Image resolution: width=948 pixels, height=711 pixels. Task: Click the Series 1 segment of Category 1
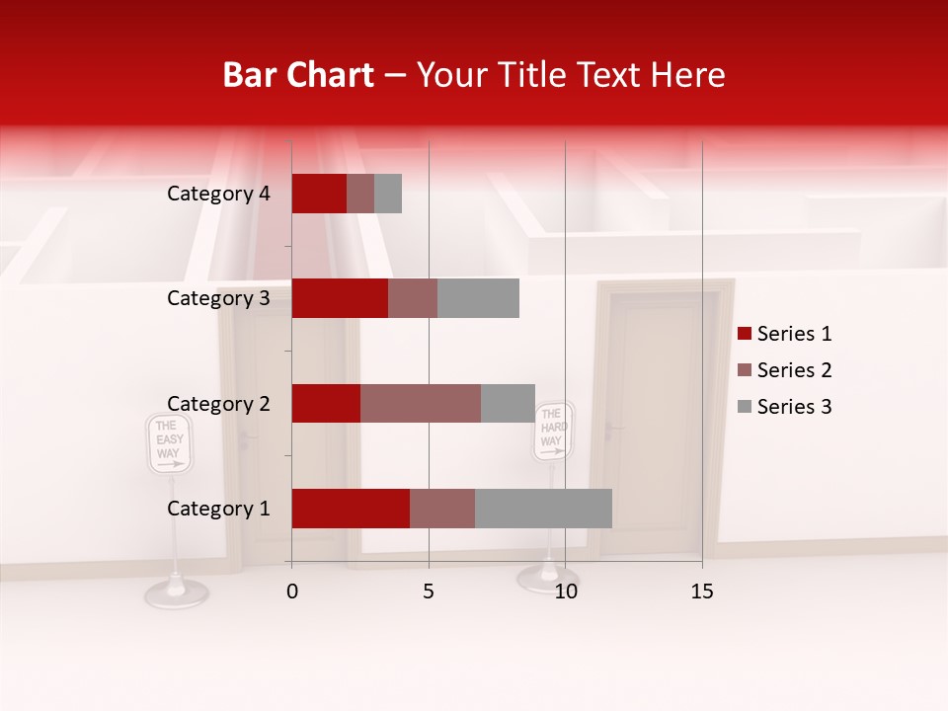351,509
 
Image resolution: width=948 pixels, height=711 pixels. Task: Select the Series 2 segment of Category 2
421,403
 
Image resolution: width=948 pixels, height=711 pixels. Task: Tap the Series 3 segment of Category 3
478,298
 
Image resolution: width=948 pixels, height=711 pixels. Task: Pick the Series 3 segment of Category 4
388,194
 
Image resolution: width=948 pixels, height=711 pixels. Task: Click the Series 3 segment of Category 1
543,509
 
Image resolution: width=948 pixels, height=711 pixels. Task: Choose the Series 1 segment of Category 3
340,298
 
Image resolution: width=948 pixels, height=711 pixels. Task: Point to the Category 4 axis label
218,194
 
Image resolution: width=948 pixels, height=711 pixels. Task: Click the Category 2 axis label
218,403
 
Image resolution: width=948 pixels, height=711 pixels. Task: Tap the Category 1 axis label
218,509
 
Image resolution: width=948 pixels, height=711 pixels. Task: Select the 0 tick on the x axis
292,592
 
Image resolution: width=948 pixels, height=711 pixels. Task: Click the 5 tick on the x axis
429,592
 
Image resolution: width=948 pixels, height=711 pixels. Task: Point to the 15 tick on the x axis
702,592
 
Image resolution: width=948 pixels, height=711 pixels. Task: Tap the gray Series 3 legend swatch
744,407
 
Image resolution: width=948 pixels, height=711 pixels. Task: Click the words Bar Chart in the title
297,75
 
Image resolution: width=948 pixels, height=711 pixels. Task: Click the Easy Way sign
169,442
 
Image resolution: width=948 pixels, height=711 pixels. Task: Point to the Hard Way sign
553,431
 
